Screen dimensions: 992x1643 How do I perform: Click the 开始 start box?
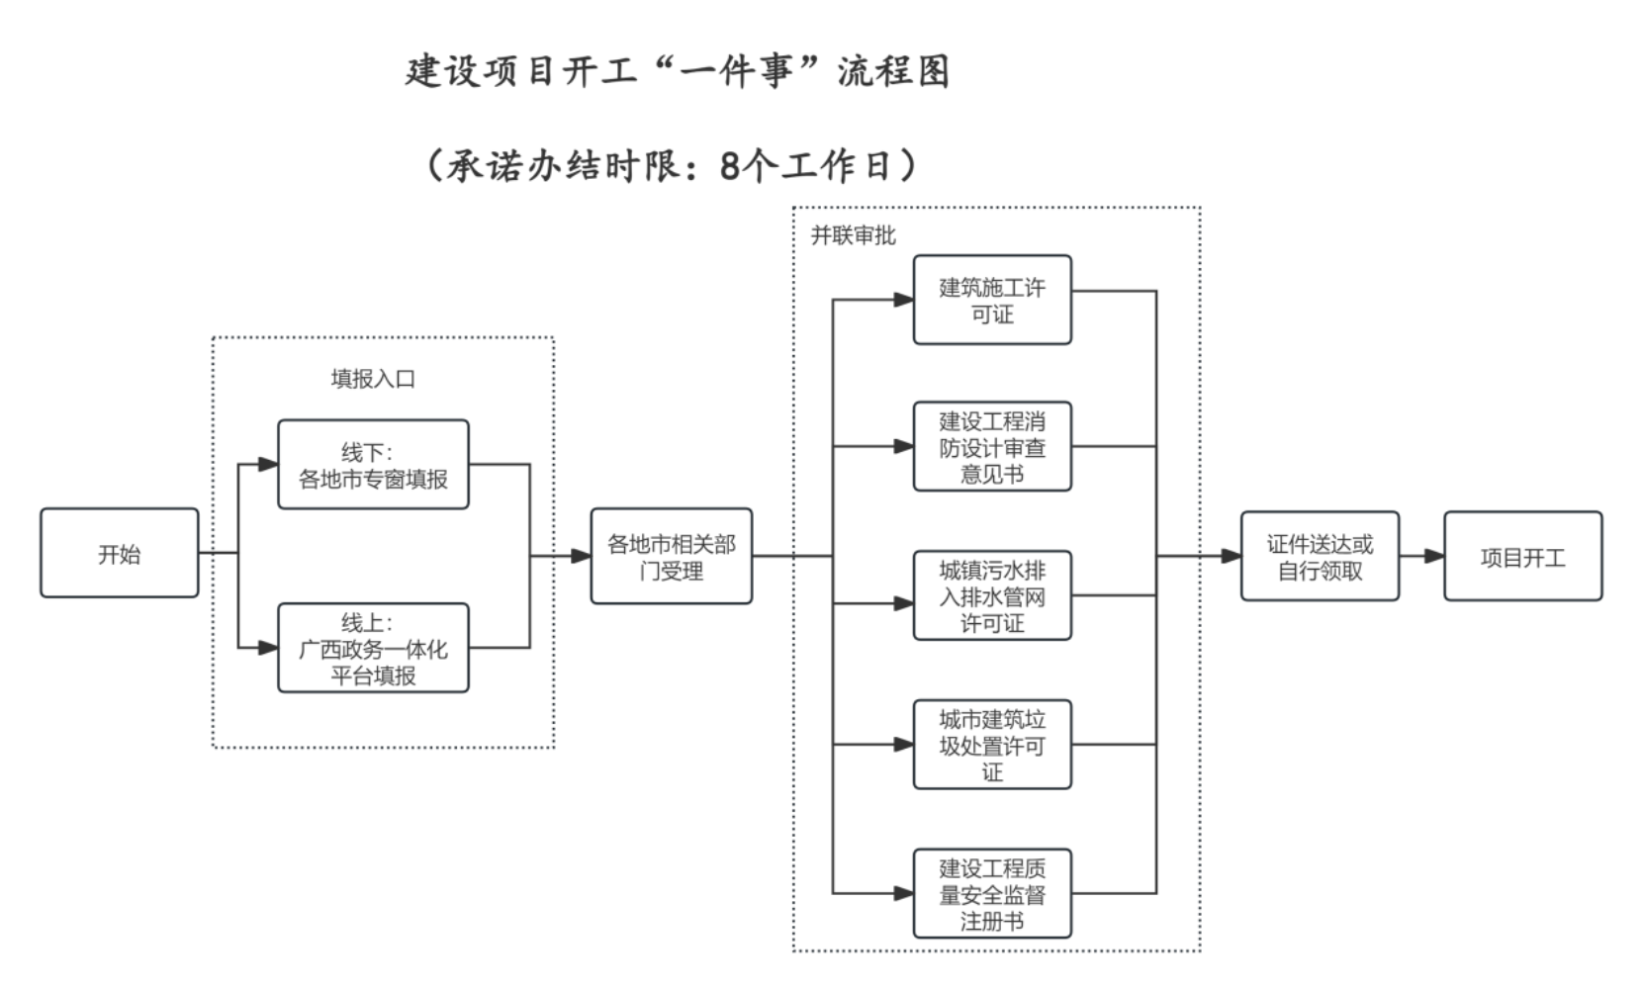pyautogui.click(x=119, y=554)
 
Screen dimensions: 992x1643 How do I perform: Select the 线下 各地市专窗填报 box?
pyautogui.click(x=373, y=465)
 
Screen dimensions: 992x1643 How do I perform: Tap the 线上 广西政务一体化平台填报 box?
pyautogui.click(x=373, y=649)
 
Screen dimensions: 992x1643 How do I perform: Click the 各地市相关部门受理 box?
pyautogui.click(x=671, y=557)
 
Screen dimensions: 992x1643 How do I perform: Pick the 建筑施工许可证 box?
pyautogui.click(x=991, y=301)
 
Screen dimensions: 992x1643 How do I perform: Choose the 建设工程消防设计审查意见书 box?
pyautogui.click(x=991, y=447)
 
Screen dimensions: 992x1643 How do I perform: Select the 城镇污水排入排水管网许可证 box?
pyautogui.click(x=991, y=596)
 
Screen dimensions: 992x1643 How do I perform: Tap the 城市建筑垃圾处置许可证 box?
pyautogui.click(x=991, y=745)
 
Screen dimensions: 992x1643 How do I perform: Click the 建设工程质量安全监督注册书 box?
pyautogui.click(x=991, y=894)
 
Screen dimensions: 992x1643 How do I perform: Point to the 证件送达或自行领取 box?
pyautogui.click(x=1320, y=557)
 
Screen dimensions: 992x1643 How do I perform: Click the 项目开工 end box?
pyautogui.click(x=1522, y=557)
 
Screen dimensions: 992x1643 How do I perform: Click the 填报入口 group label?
pyautogui.click(x=373, y=379)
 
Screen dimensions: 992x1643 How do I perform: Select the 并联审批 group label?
pyautogui.click(x=853, y=235)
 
